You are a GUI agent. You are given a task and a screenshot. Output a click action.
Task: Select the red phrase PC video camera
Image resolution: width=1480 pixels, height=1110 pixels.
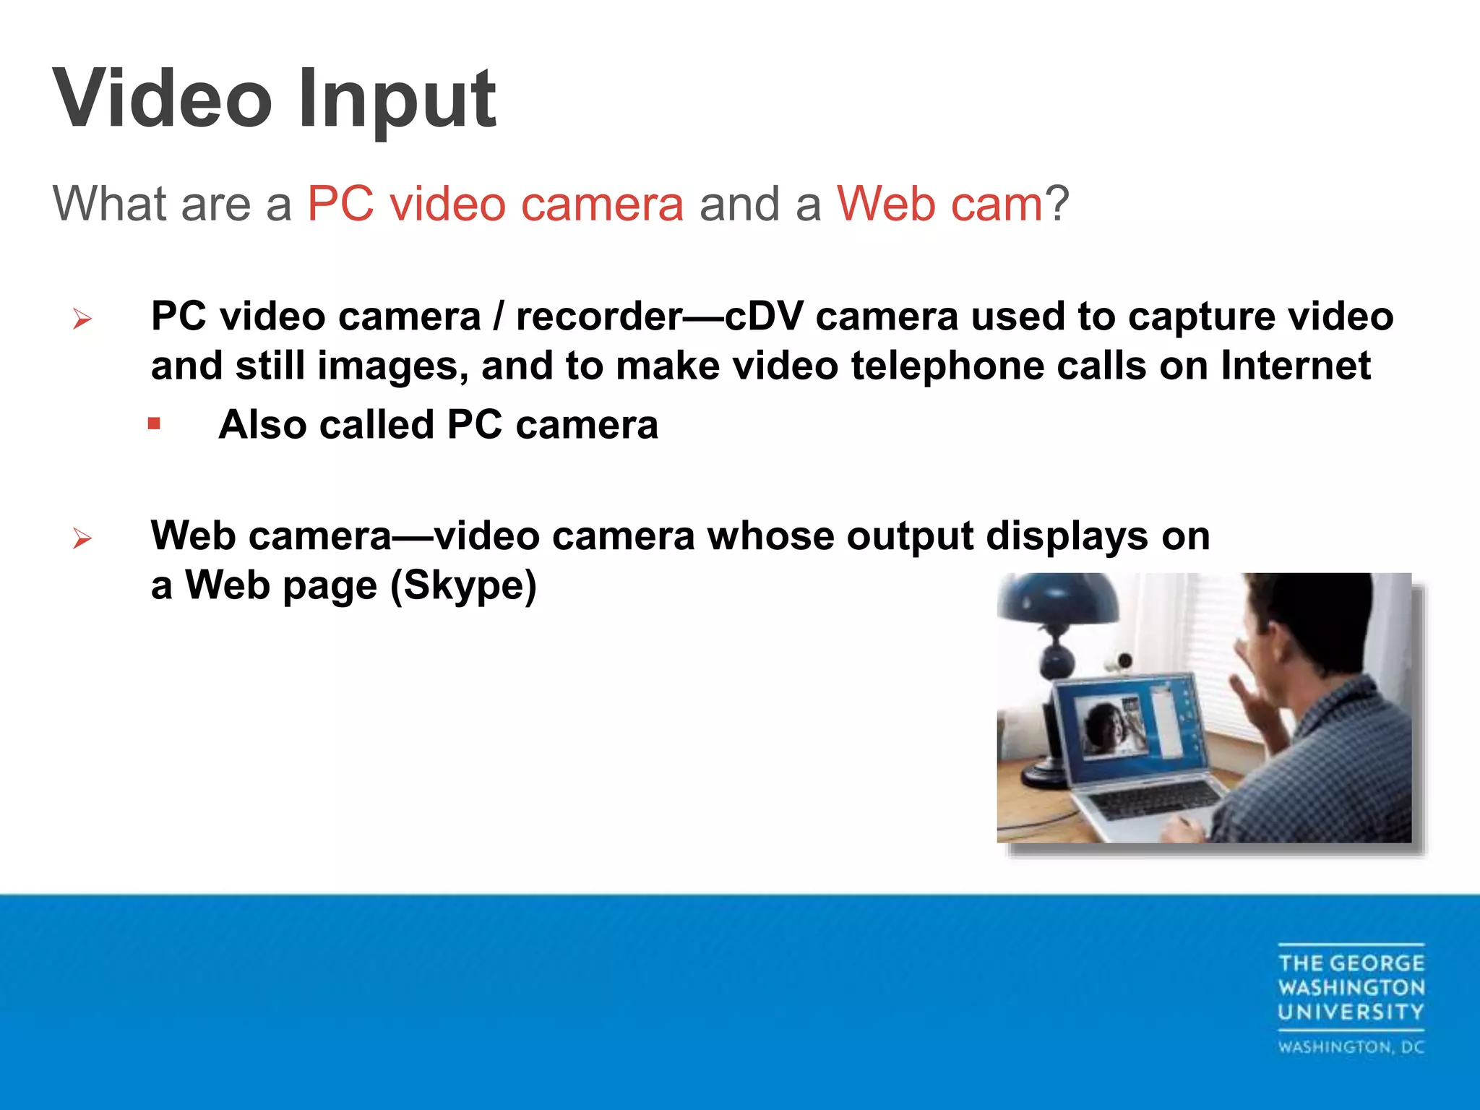(495, 204)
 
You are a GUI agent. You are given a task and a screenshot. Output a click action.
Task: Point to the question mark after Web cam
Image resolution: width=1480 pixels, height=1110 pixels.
(1057, 204)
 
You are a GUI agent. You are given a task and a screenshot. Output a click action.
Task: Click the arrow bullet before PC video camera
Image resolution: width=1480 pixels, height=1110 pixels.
(82, 319)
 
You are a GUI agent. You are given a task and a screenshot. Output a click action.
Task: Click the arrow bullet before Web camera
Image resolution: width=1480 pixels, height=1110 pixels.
(82, 538)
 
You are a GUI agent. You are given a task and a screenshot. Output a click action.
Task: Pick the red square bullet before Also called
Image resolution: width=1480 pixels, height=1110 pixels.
(154, 423)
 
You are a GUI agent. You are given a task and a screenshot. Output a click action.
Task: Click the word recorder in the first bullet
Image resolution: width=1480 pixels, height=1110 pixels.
(599, 317)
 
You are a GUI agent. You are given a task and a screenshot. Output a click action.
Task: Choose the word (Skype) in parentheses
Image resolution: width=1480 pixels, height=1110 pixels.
(463, 585)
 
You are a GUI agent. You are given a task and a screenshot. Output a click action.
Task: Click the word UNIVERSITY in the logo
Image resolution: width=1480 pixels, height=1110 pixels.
(1350, 1012)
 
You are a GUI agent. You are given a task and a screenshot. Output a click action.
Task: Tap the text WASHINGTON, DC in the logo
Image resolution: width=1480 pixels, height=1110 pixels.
(1350, 1047)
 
